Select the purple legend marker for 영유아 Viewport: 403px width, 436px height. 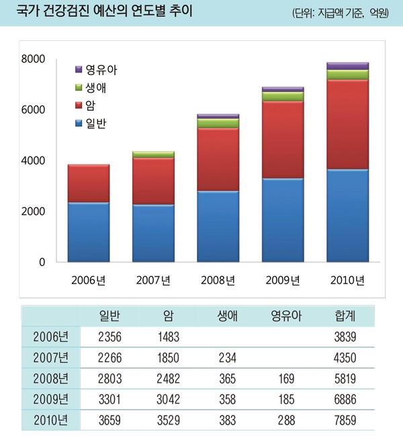click(x=79, y=69)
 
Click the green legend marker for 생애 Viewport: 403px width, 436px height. click(x=79, y=87)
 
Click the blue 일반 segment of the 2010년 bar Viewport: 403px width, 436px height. click(x=347, y=215)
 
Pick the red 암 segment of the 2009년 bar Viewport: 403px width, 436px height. click(x=282, y=139)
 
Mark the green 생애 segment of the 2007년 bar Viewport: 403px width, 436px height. click(x=154, y=155)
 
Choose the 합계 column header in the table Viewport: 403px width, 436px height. click(x=345, y=316)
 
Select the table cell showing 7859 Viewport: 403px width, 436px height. click(x=345, y=421)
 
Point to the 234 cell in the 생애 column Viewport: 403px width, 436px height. click(x=226, y=358)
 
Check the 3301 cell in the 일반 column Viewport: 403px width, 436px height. click(x=109, y=400)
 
